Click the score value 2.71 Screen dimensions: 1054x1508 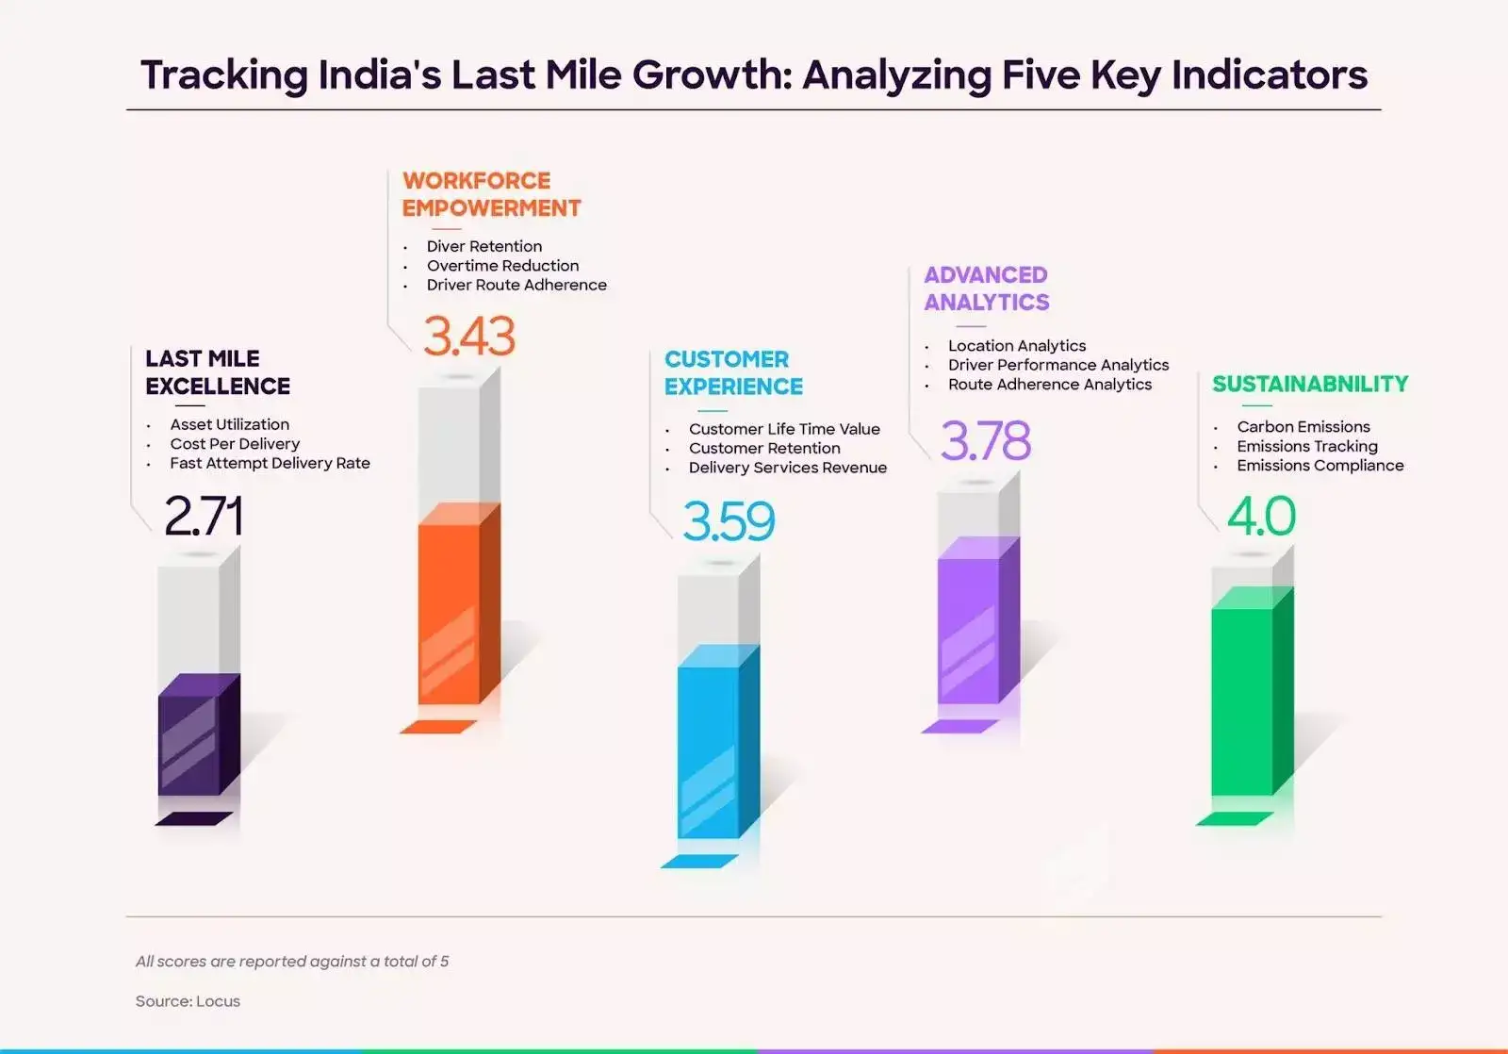pyautogui.click(x=203, y=516)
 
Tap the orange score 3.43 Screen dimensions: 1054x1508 pyautogui.click(x=468, y=337)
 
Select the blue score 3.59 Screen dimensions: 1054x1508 pyautogui.click(x=728, y=521)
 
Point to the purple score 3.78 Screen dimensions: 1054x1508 pyautogui.click(x=985, y=441)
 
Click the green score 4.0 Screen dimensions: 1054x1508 pyautogui.click(x=1260, y=516)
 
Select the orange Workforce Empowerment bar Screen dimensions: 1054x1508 pyautogui.click(x=450, y=613)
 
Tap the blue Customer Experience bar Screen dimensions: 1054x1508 pyautogui.click(x=709, y=749)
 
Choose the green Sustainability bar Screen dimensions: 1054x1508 pyautogui.click(x=1242, y=698)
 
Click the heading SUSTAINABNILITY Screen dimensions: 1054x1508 pyautogui.click(x=1309, y=384)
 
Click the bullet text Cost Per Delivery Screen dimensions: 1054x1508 pyautogui.click(x=235, y=444)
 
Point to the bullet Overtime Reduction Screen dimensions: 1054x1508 pyautogui.click(x=502, y=266)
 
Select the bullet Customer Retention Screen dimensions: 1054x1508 pyautogui.click(x=763, y=449)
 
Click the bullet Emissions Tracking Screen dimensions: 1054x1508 pyautogui.click(x=1306, y=446)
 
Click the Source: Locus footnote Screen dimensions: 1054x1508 pyautogui.click(x=188, y=1001)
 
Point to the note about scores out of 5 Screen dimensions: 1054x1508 pyautogui.click(x=292, y=962)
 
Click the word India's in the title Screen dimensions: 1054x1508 pyautogui.click(x=380, y=75)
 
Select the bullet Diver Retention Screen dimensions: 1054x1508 pyautogui.click(x=484, y=246)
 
